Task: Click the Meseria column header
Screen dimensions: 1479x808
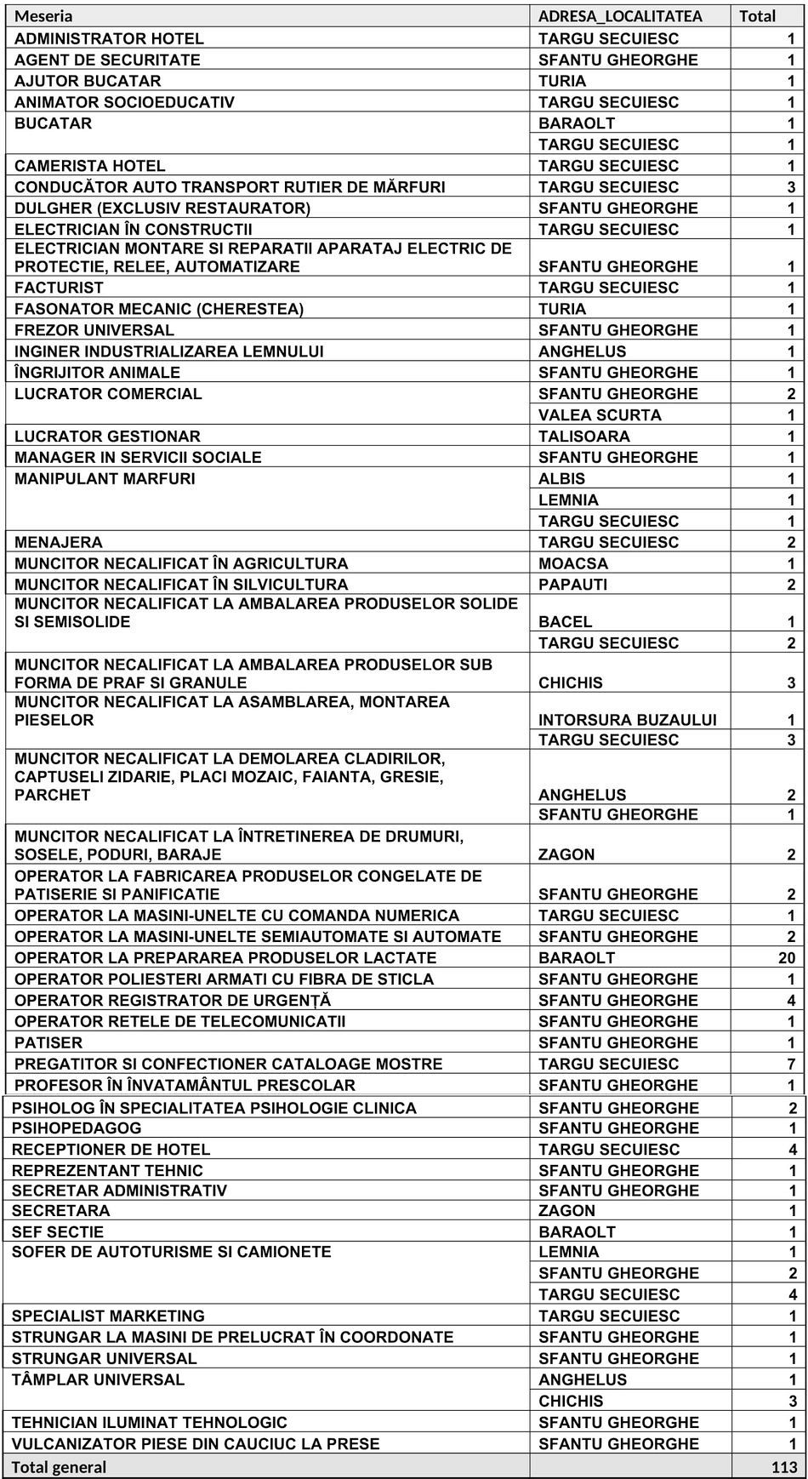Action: [43, 16]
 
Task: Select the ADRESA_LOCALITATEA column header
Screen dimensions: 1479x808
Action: [620, 16]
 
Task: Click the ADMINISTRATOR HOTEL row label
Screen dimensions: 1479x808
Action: [109, 38]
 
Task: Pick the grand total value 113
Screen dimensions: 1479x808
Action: [783, 1467]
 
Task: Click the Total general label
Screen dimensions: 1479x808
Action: [60, 1467]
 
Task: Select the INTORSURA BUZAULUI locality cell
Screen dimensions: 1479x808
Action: [627, 720]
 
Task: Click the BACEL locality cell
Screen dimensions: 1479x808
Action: [565, 622]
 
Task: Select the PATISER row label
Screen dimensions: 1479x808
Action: [48, 1042]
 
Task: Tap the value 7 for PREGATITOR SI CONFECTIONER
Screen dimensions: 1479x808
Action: [791, 1064]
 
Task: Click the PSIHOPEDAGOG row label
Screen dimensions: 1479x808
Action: [77, 1128]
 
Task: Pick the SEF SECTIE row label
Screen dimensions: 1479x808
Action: [58, 1232]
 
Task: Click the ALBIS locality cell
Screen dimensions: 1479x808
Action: [561, 479]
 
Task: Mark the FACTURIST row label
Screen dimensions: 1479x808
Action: [59, 288]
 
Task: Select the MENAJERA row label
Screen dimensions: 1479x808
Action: [58, 542]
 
